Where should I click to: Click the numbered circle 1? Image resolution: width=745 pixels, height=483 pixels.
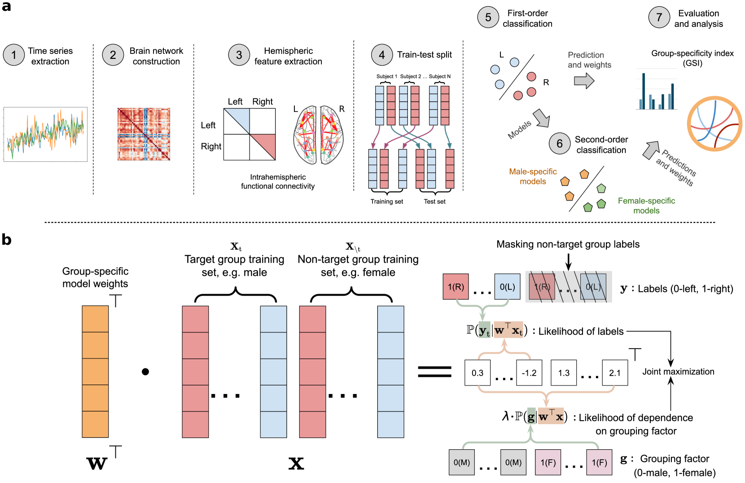click(14, 55)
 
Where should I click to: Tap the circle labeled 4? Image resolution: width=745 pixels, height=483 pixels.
click(382, 55)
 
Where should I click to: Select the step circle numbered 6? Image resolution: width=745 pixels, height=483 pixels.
click(560, 144)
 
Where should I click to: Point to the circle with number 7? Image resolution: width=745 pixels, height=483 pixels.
click(659, 18)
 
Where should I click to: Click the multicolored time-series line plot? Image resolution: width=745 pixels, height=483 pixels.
click(46, 134)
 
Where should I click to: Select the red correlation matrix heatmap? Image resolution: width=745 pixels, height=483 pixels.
click(144, 134)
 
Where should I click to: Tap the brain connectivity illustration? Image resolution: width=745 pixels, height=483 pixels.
click(318, 135)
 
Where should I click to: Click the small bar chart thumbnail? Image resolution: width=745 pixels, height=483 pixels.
click(658, 93)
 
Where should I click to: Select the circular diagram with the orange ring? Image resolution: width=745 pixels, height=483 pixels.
click(714, 124)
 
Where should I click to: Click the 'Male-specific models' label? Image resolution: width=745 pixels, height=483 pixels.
click(533, 177)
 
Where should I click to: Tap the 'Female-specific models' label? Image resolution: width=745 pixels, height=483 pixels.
click(646, 206)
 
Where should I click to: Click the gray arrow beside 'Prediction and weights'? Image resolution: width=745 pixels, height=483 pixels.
click(584, 81)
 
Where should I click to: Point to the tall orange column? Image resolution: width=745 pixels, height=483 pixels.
click(95, 371)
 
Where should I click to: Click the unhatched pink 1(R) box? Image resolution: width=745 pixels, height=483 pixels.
click(456, 287)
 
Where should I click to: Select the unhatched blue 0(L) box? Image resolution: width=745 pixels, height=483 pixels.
click(507, 287)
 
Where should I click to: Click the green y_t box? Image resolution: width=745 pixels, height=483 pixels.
click(484, 330)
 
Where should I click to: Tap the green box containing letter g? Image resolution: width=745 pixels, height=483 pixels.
click(531, 417)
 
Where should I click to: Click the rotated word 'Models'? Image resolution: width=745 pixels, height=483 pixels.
click(520, 130)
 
